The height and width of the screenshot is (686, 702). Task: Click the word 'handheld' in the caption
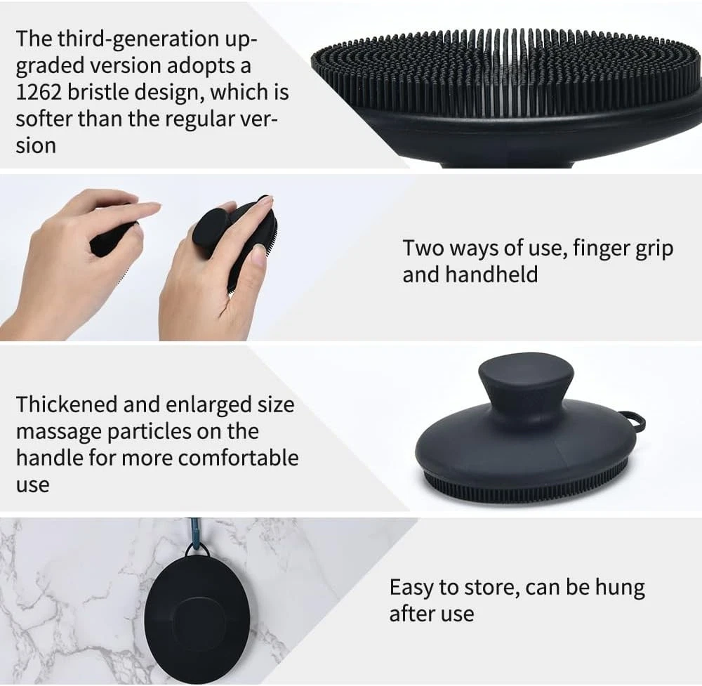click(491, 274)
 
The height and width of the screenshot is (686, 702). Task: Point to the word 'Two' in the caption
click(423, 248)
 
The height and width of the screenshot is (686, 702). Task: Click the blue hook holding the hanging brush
click(195, 533)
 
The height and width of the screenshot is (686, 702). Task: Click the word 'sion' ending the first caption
click(36, 146)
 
